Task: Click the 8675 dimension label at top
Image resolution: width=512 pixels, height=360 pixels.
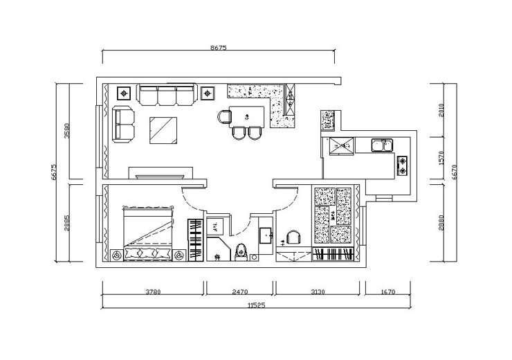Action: click(x=218, y=48)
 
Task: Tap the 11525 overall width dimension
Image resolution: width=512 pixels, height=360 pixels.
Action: click(x=256, y=305)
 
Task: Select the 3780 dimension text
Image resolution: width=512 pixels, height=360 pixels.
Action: click(x=153, y=291)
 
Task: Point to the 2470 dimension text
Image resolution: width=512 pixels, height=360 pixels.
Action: click(x=240, y=291)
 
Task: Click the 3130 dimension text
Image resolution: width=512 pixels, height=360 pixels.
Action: click(x=318, y=291)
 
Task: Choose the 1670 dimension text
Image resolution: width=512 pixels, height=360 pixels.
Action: click(x=388, y=291)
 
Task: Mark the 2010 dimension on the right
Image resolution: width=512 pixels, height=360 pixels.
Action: click(x=441, y=110)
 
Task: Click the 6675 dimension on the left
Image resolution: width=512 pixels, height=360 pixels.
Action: click(x=54, y=172)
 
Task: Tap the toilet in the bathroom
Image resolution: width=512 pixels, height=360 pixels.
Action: click(x=241, y=251)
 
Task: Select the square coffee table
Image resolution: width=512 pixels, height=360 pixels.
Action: click(x=163, y=130)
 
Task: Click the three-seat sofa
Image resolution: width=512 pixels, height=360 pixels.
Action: click(x=167, y=94)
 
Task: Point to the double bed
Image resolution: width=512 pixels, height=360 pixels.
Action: click(x=147, y=233)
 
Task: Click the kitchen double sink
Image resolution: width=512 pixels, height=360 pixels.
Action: click(x=383, y=145)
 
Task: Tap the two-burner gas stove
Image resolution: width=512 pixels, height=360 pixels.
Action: click(x=402, y=165)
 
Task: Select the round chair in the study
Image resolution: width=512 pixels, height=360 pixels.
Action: click(x=293, y=237)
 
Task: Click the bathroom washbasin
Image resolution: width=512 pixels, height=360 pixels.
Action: click(x=266, y=235)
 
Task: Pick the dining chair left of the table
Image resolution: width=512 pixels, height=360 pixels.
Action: click(x=224, y=117)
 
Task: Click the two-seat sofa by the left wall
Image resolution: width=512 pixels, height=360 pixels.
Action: click(x=123, y=124)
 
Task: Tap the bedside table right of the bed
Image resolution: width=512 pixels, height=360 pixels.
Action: click(x=179, y=255)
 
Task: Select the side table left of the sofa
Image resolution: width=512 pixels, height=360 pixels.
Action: click(x=124, y=93)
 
